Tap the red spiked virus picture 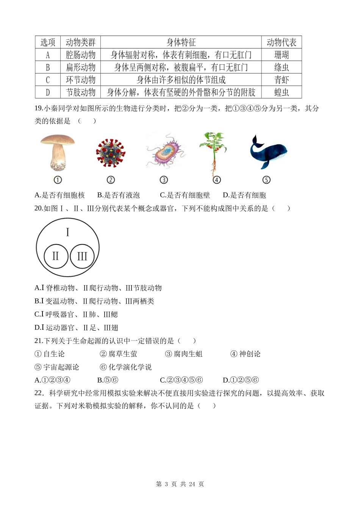point(111,153)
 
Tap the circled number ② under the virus point(111,180)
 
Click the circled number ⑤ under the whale point(266,180)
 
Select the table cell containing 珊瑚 point(281,55)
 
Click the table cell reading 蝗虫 point(281,92)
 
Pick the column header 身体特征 point(181,42)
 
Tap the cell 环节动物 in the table point(80,80)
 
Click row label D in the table point(48,92)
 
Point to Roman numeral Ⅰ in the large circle point(67,232)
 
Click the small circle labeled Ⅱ point(56,256)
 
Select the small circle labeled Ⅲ point(82,256)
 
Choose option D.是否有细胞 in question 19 point(244,195)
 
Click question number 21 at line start point(38,341)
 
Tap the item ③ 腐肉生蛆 point(184,354)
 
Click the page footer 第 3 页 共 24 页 point(180,484)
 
